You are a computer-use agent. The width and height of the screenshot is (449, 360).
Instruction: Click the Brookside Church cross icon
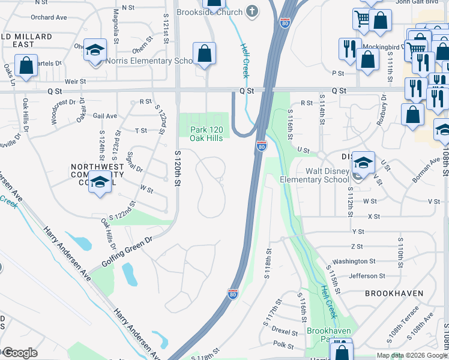[253, 11]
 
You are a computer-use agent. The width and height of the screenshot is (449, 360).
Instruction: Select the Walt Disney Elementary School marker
[363, 163]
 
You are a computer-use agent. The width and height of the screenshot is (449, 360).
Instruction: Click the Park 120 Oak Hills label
[207, 134]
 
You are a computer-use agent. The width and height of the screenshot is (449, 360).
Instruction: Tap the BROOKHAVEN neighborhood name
[394, 293]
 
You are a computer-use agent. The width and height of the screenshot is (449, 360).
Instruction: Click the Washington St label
[354, 261]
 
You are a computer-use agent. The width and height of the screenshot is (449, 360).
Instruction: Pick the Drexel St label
[285, 331]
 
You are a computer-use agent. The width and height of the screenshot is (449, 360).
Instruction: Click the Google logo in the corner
[20, 353]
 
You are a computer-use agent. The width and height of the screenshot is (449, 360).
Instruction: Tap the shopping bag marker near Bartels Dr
[26, 67]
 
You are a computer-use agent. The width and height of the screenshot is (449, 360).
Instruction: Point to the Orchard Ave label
[48, 17]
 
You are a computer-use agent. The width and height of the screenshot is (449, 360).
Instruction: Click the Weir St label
[76, 81]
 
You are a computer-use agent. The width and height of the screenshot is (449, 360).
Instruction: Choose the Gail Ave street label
[104, 116]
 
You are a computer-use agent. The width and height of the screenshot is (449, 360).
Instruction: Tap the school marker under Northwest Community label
[100, 183]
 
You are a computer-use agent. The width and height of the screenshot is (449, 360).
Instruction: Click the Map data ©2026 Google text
[412, 355]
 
